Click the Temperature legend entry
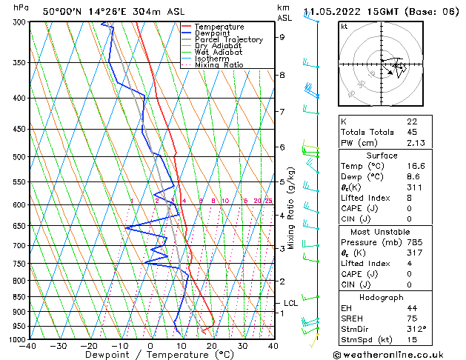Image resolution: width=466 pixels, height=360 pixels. pyautogui.click(x=219, y=27)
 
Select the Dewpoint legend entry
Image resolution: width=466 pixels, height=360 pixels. pyautogui.click(x=214, y=33)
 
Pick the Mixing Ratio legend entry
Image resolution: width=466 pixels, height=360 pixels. pyautogui.click(x=219, y=65)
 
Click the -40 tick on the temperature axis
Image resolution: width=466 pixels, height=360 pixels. pyautogui.click(x=28, y=346)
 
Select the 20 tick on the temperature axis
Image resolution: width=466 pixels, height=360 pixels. pyautogui.click(x=212, y=346)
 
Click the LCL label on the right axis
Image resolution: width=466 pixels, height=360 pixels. pyautogui.click(x=291, y=303)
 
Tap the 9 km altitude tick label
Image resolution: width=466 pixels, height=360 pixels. pyautogui.click(x=282, y=37)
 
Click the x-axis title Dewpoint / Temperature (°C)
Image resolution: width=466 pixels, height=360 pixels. pyautogui.click(x=150, y=355)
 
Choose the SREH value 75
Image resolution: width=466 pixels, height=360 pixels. pyautogui.click(x=412, y=319)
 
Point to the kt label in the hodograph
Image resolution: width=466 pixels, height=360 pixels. pyautogui.click(x=344, y=26)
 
